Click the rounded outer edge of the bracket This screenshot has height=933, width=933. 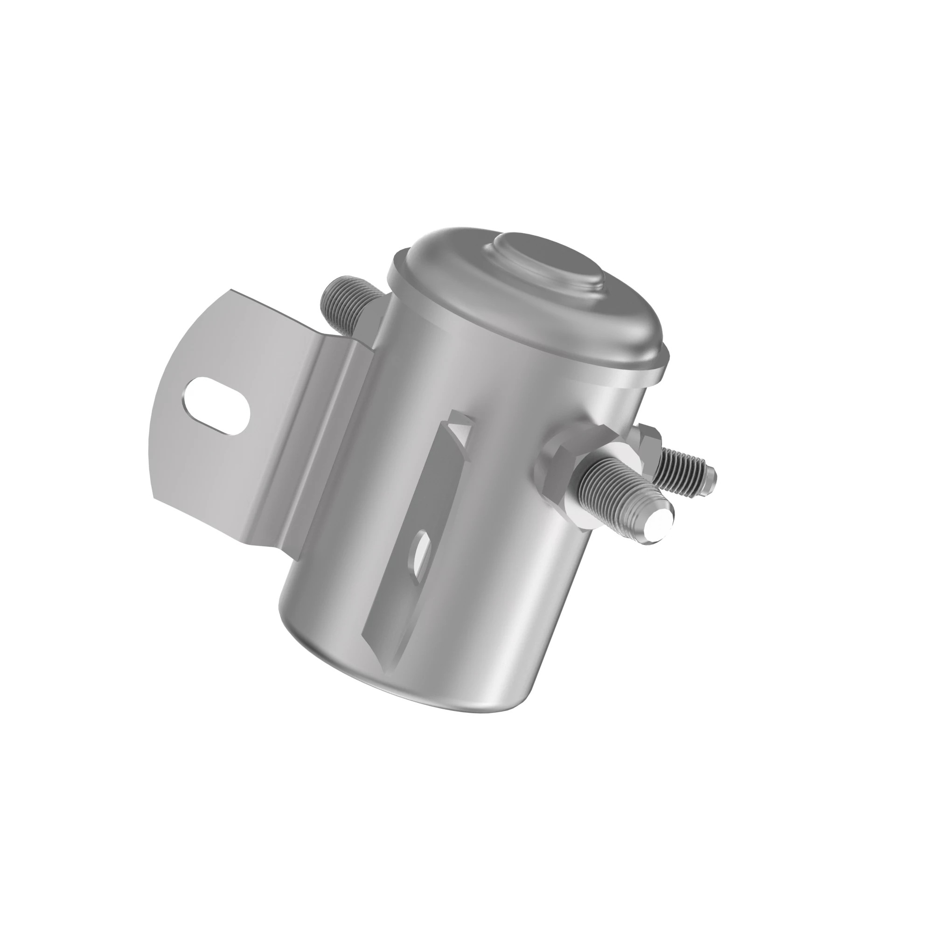(160, 435)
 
